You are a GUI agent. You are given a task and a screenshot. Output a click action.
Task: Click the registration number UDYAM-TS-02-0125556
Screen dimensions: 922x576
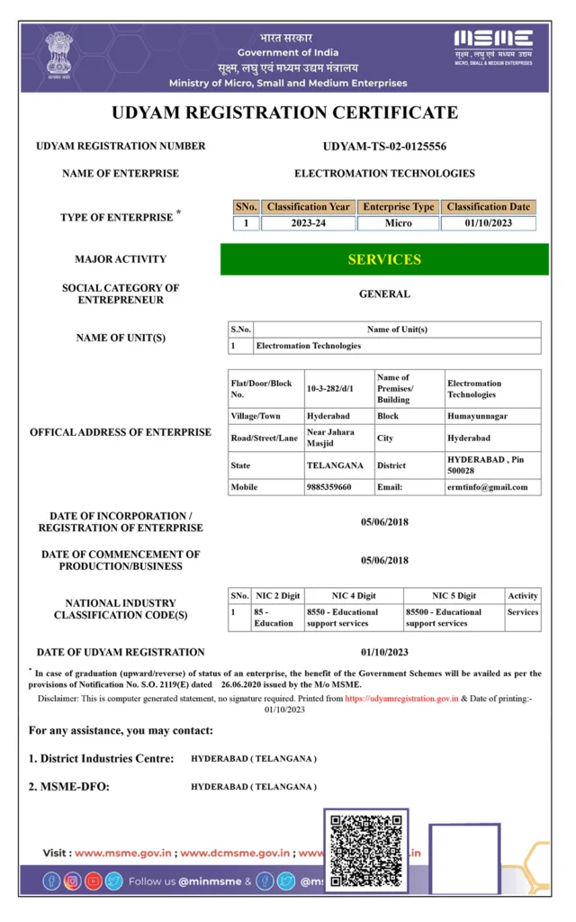[x=384, y=146]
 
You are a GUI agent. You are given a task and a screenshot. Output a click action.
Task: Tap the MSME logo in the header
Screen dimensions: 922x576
[x=492, y=46]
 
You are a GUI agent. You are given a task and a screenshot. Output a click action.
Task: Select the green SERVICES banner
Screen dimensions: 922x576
[x=384, y=259]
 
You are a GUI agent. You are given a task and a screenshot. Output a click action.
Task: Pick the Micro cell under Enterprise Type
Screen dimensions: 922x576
[x=398, y=223]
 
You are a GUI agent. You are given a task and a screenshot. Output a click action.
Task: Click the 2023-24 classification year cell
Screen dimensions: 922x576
[x=308, y=223]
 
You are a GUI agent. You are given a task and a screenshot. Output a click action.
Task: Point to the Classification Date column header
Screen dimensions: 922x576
[x=489, y=207]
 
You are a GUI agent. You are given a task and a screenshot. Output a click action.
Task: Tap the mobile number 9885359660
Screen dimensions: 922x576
[x=328, y=487]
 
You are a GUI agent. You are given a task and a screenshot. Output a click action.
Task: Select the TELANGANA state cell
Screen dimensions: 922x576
[x=335, y=466]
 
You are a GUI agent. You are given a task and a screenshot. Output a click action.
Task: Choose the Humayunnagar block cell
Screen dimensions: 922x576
[x=476, y=417]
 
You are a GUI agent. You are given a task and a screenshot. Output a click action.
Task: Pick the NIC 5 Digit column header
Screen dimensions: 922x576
[x=454, y=595]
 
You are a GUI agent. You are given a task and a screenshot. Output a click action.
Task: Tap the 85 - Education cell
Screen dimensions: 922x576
[x=273, y=618]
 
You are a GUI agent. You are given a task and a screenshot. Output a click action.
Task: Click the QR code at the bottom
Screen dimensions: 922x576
[x=364, y=850]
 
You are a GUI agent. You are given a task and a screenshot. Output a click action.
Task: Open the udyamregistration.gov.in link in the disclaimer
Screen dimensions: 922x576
[x=402, y=698]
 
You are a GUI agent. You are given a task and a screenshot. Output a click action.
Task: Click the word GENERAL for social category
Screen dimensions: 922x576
[x=384, y=294]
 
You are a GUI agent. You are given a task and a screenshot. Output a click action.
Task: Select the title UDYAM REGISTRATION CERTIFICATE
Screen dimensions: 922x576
[x=284, y=113]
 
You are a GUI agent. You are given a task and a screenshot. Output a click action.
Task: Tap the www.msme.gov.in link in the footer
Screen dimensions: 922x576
[x=112, y=853]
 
